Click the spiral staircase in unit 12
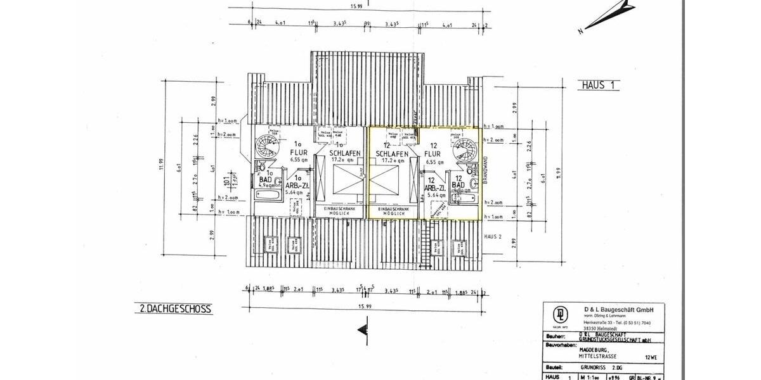pos(465,150)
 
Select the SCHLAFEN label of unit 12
pos(391,153)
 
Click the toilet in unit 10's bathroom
pos(259,167)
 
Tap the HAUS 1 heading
pos(597,84)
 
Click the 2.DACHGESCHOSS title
pos(174,309)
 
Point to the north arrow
pos(612,14)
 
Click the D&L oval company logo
pos(561,315)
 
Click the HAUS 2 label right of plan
pos(493,236)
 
